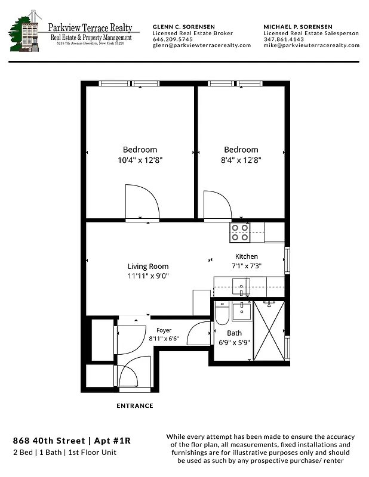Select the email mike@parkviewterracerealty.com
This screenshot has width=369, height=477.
311,45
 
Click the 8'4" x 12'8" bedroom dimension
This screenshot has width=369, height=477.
241,160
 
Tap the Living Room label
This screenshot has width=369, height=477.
148,267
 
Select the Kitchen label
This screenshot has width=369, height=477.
247,256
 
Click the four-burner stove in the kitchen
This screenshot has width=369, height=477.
240,233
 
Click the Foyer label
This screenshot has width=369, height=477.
164,330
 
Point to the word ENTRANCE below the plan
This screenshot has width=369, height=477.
134,406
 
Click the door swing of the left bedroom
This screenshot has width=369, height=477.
140,203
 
